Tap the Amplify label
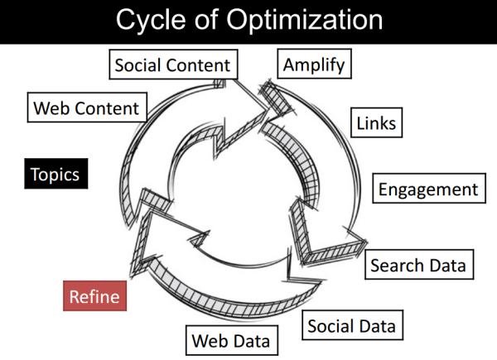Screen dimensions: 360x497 click(x=313, y=64)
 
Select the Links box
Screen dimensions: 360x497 click(x=376, y=123)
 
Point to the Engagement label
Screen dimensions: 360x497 click(x=428, y=189)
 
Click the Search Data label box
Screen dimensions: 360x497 click(x=418, y=266)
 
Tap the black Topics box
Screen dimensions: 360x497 click(x=55, y=175)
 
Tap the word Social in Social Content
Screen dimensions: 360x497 click(x=141, y=65)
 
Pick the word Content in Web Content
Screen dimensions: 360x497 click(x=111, y=108)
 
